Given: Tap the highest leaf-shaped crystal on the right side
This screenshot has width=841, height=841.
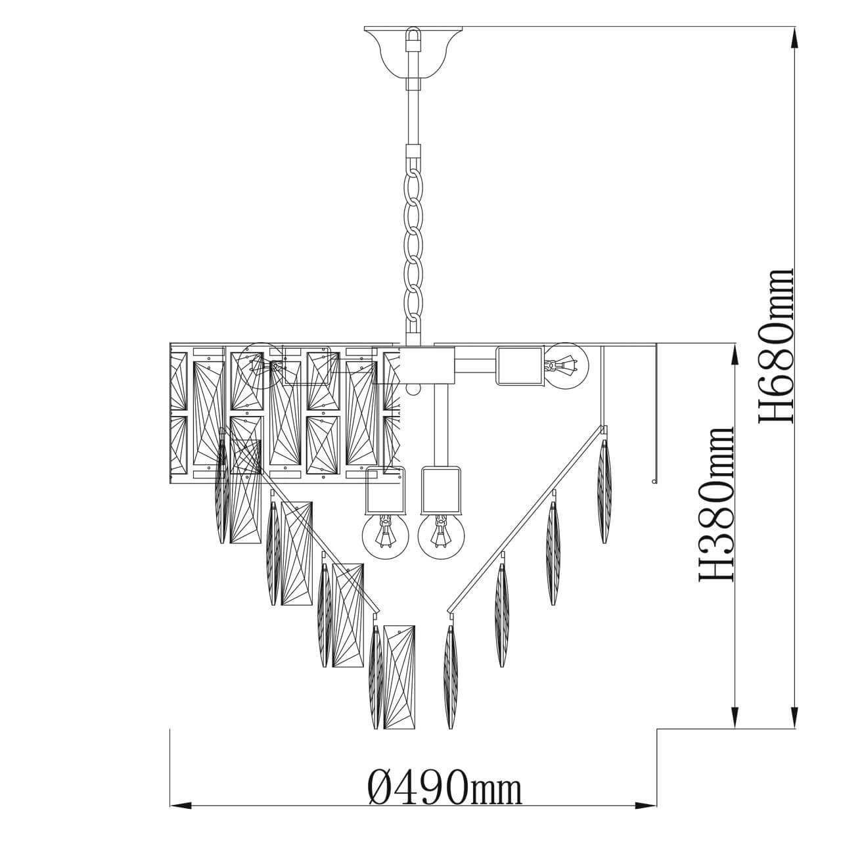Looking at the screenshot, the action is point(604,491).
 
